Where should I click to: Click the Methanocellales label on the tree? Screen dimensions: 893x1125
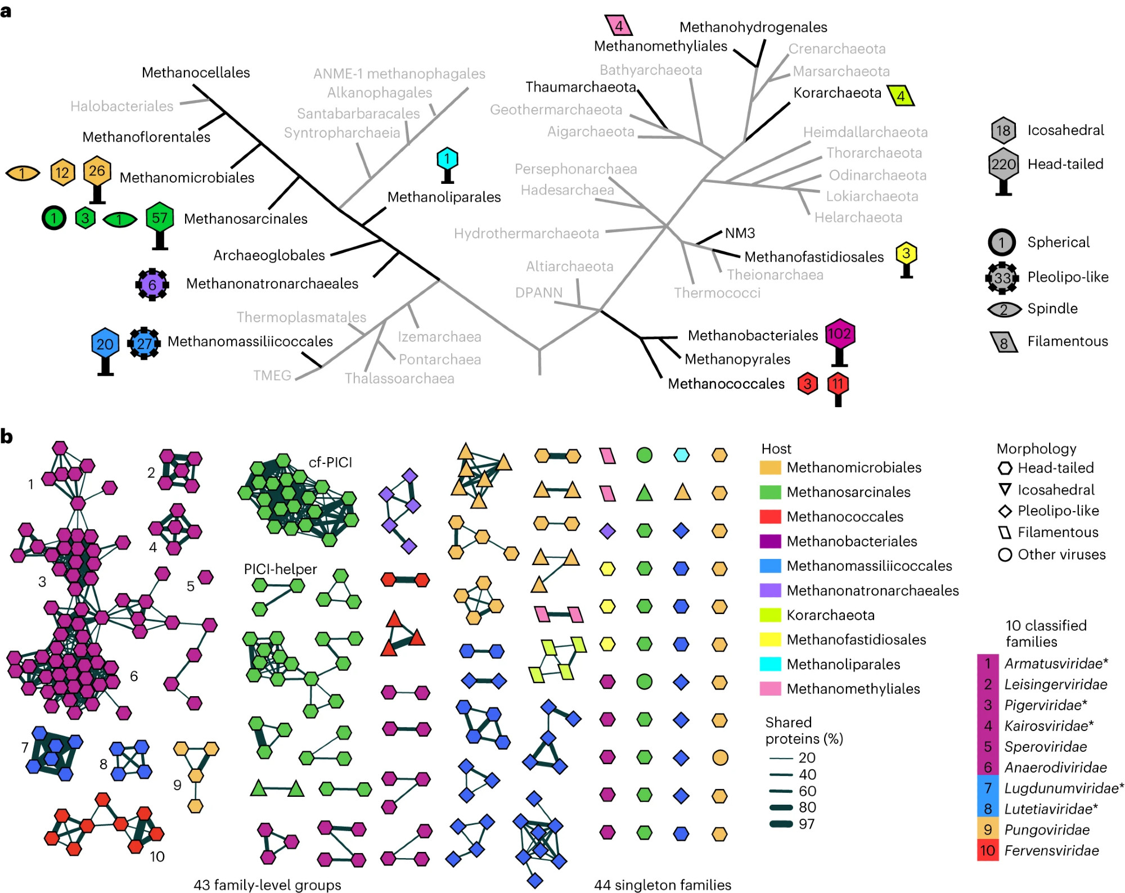[196, 73]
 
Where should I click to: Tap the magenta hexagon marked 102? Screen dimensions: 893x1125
[839, 335]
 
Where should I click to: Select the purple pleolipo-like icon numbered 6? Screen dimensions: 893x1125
[152, 285]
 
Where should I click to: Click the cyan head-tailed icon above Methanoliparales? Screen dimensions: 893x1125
[447, 160]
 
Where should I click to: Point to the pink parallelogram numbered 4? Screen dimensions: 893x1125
[619, 26]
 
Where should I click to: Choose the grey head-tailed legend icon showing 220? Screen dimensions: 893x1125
[1003, 165]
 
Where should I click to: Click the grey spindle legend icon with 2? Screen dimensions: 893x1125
[1004, 309]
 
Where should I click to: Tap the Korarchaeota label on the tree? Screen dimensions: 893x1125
[837, 93]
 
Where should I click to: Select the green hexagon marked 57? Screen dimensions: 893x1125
[160, 218]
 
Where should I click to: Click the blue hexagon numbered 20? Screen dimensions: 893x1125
[105, 344]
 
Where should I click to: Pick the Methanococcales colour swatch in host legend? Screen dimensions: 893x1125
[770, 517]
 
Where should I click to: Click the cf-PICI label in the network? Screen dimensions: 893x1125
[330, 462]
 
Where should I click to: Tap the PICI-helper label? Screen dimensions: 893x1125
[280, 569]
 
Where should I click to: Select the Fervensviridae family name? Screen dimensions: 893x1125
[1051, 850]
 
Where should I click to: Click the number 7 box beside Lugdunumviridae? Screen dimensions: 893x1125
[988, 788]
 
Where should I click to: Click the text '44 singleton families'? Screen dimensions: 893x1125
[663, 885]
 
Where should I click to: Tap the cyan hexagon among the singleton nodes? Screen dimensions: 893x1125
[681, 455]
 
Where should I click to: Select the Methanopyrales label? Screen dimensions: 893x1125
[737, 359]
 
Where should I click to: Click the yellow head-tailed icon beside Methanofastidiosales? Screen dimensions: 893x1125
[906, 255]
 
